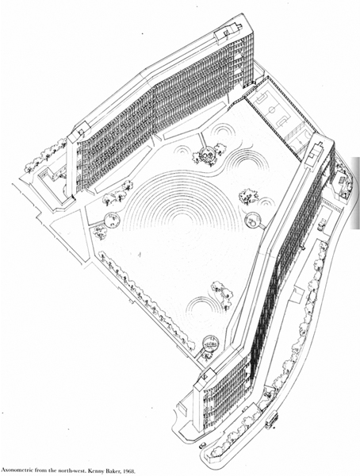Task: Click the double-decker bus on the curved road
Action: click(x=271, y=420)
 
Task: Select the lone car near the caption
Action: click(x=202, y=445)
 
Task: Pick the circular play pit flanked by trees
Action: click(x=207, y=155)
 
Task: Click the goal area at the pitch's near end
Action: click(x=282, y=122)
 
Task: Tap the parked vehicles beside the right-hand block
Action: click(x=321, y=225)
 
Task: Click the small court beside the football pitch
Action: click(x=297, y=139)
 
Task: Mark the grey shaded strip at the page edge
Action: click(x=355, y=193)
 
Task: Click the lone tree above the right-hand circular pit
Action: click(x=249, y=196)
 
